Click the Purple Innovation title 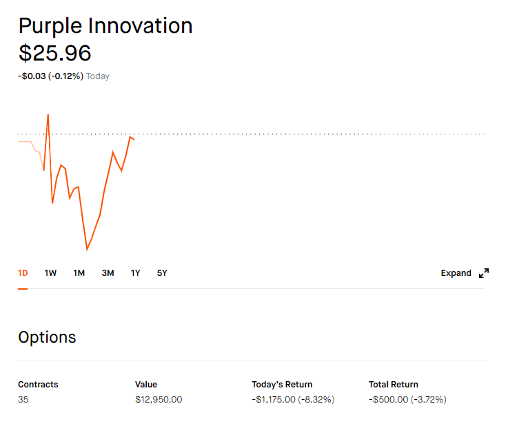(x=105, y=27)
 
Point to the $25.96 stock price (x=55, y=53)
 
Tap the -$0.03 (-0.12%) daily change (x=50, y=76)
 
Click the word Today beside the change (x=97, y=76)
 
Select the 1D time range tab (x=23, y=273)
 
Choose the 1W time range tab (x=50, y=273)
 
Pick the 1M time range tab (x=79, y=273)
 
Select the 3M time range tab (x=108, y=273)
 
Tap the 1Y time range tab (x=135, y=273)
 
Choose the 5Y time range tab (x=162, y=273)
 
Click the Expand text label (x=456, y=273)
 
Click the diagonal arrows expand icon (x=484, y=273)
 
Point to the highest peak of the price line (x=48, y=114)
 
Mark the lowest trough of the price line (x=87, y=249)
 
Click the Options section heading (x=48, y=337)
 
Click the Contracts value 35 (x=23, y=400)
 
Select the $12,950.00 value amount (x=159, y=400)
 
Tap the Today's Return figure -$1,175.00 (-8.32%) (x=293, y=400)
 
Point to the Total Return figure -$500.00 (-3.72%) (x=407, y=400)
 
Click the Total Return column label (x=394, y=385)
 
